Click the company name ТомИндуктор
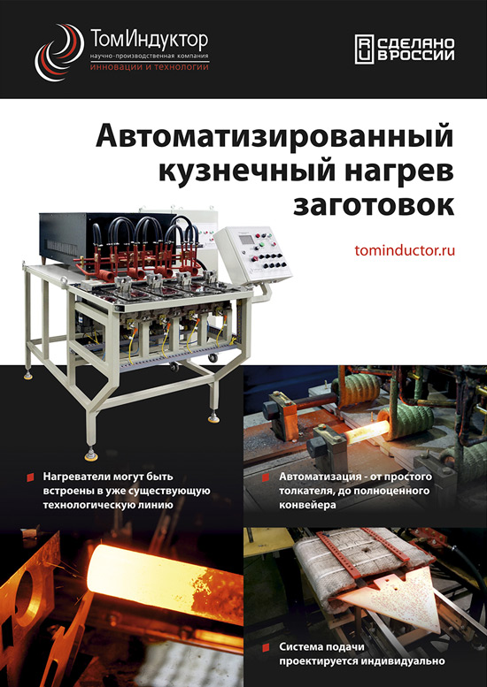pyautogui.click(x=149, y=41)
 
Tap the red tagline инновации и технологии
pyautogui.click(x=149, y=67)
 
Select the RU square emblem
pyautogui.click(x=364, y=50)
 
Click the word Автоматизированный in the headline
pyautogui.click(x=274, y=137)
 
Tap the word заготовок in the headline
pyautogui.click(x=374, y=205)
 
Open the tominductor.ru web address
pyautogui.click(x=405, y=251)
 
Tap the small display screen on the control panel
pyautogui.click(x=246, y=240)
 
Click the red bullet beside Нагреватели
pyautogui.click(x=30, y=477)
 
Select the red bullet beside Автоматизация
pyautogui.click(x=266, y=477)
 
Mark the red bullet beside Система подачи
pyautogui.click(x=266, y=647)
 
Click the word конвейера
pyautogui.click(x=307, y=505)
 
